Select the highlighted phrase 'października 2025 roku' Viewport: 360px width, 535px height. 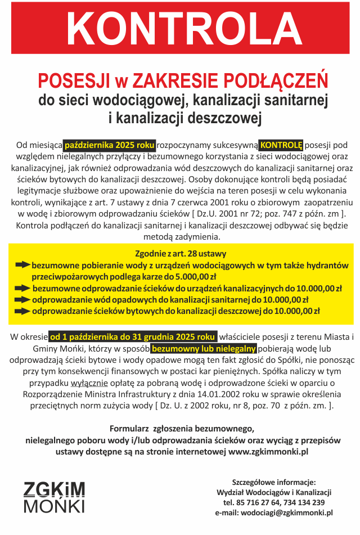tap(110, 145)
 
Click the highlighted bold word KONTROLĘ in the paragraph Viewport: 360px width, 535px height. tap(281, 145)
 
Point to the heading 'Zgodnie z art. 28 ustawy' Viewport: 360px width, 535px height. tap(181, 254)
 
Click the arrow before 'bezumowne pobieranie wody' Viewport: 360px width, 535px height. tap(22, 265)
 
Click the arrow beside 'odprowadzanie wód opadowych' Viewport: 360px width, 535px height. tap(22, 299)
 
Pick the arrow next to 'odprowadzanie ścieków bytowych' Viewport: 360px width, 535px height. tap(22, 311)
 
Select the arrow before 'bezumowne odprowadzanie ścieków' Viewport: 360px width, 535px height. tap(22, 288)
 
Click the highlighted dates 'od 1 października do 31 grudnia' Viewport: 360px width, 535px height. tap(133, 337)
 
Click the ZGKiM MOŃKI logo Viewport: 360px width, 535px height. tap(54, 497)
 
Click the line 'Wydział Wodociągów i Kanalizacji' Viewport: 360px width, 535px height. tap(274, 492)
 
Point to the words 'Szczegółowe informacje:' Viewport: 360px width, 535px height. tap(274, 482)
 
